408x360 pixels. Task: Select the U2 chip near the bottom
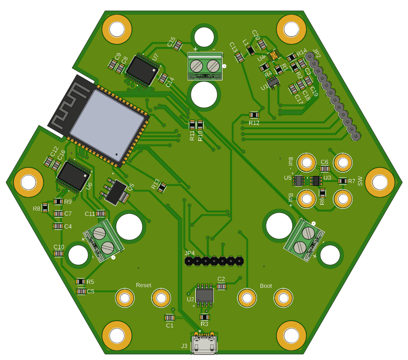204,295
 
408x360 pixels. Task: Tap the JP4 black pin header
214,261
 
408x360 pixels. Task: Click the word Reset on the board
143,285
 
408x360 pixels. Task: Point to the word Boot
266,286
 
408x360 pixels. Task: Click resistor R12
254,115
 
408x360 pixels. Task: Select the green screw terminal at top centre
205,66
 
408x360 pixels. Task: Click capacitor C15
178,45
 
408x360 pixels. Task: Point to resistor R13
162,188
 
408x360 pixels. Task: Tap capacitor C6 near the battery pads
325,169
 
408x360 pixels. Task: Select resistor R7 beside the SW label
342,181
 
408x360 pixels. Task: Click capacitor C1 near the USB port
170,318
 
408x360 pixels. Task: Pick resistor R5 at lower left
81,281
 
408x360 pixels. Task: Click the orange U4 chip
273,55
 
